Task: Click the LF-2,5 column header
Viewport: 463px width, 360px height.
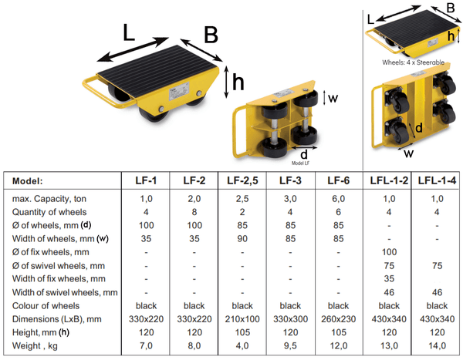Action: pos(242,181)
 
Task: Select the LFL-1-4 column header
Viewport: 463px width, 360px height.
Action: pos(437,181)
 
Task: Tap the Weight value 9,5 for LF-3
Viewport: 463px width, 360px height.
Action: pos(290,345)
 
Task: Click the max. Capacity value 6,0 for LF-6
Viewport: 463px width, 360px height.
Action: pos(337,199)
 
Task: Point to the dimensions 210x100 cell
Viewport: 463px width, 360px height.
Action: pos(242,318)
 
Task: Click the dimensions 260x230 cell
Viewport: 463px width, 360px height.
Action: pos(337,318)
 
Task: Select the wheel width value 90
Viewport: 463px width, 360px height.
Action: pos(242,238)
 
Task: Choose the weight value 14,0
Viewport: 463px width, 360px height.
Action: pos(437,345)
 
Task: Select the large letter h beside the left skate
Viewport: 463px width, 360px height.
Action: pos(240,82)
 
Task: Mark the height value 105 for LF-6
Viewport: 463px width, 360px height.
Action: pos(337,331)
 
